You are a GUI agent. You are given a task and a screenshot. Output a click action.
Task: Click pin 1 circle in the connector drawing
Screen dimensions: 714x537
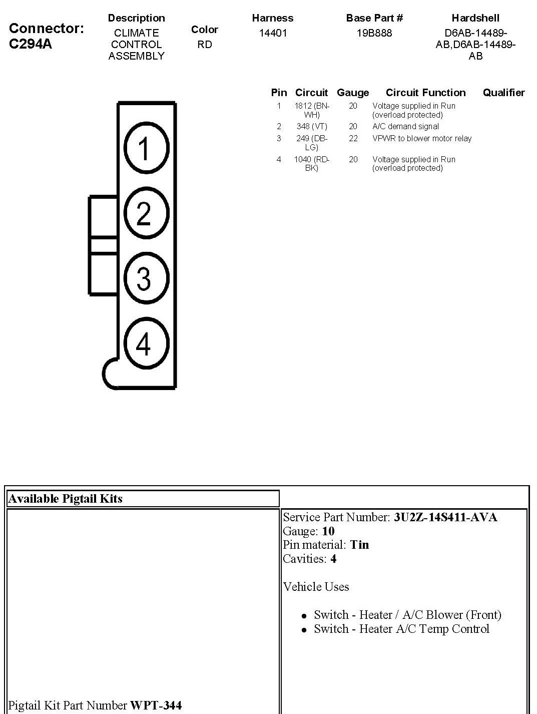pyautogui.click(x=146, y=149)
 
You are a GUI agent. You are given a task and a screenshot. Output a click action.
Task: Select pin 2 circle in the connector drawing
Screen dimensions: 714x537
pyautogui.click(x=146, y=213)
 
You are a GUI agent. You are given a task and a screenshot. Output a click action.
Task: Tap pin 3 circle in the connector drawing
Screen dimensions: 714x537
pyautogui.click(x=146, y=278)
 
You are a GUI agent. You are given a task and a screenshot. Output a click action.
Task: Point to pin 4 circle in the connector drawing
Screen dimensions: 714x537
pyautogui.click(x=146, y=343)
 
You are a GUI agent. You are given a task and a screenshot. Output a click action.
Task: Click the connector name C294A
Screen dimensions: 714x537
pyautogui.click(x=31, y=44)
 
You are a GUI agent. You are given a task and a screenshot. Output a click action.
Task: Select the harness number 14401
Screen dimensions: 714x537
pyautogui.click(x=273, y=33)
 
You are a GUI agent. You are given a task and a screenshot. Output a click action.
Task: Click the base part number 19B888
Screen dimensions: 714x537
pyautogui.click(x=374, y=33)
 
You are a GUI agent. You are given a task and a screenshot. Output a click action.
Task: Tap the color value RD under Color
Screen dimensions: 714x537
pyautogui.click(x=204, y=45)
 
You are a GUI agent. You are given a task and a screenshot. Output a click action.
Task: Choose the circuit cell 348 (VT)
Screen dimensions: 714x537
pyautogui.click(x=311, y=127)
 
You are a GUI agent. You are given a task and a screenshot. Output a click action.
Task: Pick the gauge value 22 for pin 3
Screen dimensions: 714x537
pyautogui.click(x=353, y=139)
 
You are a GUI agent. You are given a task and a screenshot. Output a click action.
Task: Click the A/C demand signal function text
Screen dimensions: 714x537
pyautogui.click(x=405, y=127)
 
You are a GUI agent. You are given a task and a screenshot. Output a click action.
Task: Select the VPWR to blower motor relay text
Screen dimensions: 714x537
pyautogui.click(x=422, y=139)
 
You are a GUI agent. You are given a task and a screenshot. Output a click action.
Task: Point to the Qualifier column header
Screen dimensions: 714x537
pyautogui.click(x=503, y=93)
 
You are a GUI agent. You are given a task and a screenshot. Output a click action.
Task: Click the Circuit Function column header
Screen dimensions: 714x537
pyautogui.click(x=425, y=93)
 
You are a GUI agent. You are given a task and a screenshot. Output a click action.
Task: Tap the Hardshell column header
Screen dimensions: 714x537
pyautogui.click(x=475, y=18)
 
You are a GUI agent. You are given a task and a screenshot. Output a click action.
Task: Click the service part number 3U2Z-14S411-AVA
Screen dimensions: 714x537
pyautogui.click(x=445, y=517)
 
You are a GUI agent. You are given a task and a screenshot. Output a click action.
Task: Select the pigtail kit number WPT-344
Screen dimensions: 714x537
pyautogui.click(x=156, y=705)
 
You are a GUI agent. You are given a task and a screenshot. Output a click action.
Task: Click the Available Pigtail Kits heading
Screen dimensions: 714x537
pyautogui.click(x=66, y=499)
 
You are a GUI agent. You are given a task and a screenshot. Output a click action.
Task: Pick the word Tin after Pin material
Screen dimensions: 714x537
pyautogui.click(x=359, y=545)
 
